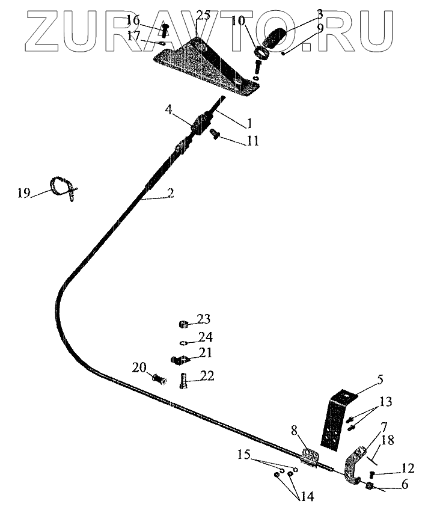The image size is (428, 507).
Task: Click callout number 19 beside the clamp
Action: pos(23,193)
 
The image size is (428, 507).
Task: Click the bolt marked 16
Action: pos(165,29)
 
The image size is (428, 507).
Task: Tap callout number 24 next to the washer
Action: pos(206,337)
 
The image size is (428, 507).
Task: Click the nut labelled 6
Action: pos(370,485)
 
